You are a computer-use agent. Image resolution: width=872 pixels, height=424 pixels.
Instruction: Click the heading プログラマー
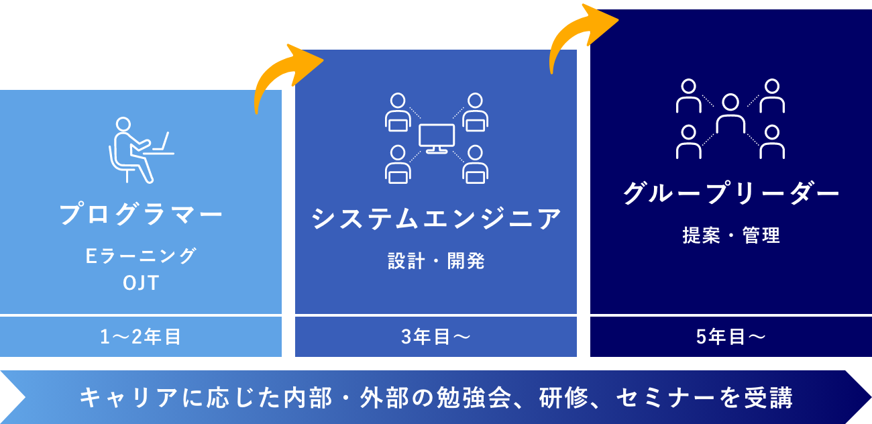click(141, 215)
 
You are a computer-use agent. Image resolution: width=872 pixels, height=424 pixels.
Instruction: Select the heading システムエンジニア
click(436, 219)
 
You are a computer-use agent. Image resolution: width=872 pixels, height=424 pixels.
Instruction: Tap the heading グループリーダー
click(730, 195)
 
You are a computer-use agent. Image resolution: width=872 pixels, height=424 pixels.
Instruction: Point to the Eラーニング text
click(141, 256)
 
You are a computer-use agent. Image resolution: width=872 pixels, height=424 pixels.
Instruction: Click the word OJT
click(141, 283)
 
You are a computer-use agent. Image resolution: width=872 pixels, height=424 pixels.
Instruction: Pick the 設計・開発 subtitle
click(436, 261)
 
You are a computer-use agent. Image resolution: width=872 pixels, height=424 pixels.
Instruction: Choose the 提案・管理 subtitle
click(730, 235)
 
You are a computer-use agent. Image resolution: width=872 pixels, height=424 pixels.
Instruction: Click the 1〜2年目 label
click(141, 337)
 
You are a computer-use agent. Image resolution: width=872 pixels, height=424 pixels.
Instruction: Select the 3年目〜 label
click(436, 337)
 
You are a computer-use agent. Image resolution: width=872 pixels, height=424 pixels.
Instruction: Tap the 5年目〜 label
click(730, 337)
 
